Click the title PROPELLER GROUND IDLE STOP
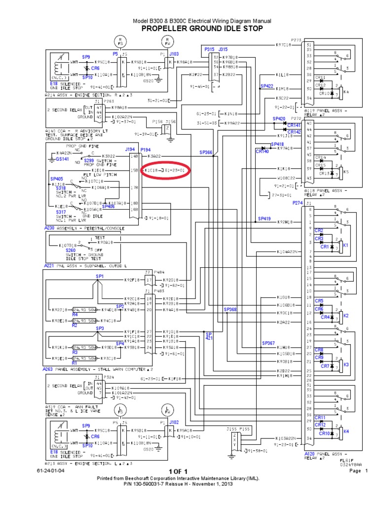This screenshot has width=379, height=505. [x=202, y=29]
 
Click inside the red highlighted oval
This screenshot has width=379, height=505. [x=166, y=170]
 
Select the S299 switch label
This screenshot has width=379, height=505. [x=89, y=160]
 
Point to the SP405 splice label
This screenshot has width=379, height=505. [x=57, y=179]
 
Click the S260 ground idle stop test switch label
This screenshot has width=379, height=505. [x=71, y=250]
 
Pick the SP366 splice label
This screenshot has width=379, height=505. [x=206, y=153]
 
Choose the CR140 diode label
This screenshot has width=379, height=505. [x=262, y=151]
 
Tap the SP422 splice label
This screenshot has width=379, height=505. [x=266, y=86]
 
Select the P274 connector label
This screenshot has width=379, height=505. [x=298, y=202]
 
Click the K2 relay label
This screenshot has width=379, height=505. [x=346, y=315]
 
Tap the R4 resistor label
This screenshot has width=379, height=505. [x=75, y=314]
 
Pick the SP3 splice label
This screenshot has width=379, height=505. [x=100, y=328]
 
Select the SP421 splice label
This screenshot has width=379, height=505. [x=209, y=336]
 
